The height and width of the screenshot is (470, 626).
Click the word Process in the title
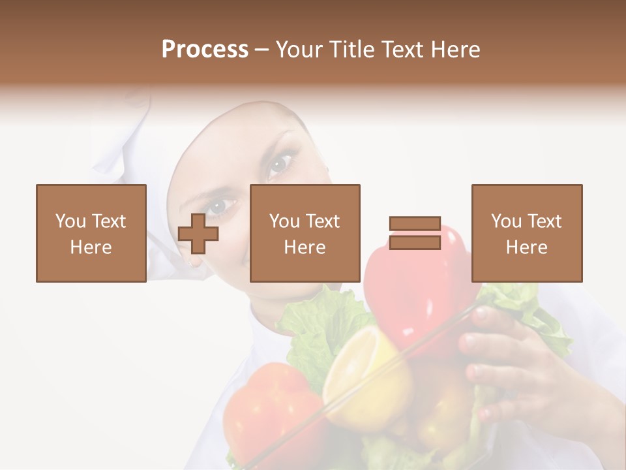pyautogui.click(x=205, y=50)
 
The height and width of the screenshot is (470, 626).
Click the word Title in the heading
pyautogui.click(x=353, y=50)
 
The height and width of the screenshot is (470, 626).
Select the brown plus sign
pyautogui.click(x=198, y=233)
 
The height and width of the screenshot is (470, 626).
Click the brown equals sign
pyautogui.click(x=415, y=233)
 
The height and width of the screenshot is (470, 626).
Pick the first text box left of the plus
pyautogui.click(x=91, y=233)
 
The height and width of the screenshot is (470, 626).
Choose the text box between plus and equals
pyautogui.click(x=305, y=233)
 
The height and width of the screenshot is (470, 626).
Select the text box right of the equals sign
pyautogui.click(x=526, y=233)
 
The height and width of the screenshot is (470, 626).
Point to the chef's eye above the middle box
pyautogui.click(x=280, y=163)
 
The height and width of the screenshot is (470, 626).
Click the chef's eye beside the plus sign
pyautogui.click(x=222, y=205)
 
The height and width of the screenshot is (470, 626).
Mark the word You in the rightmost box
pyautogui.click(x=506, y=221)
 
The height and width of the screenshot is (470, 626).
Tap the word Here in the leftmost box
pyautogui.click(x=91, y=247)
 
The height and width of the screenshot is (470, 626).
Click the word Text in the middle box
pyautogui.click(x=323, y=221)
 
